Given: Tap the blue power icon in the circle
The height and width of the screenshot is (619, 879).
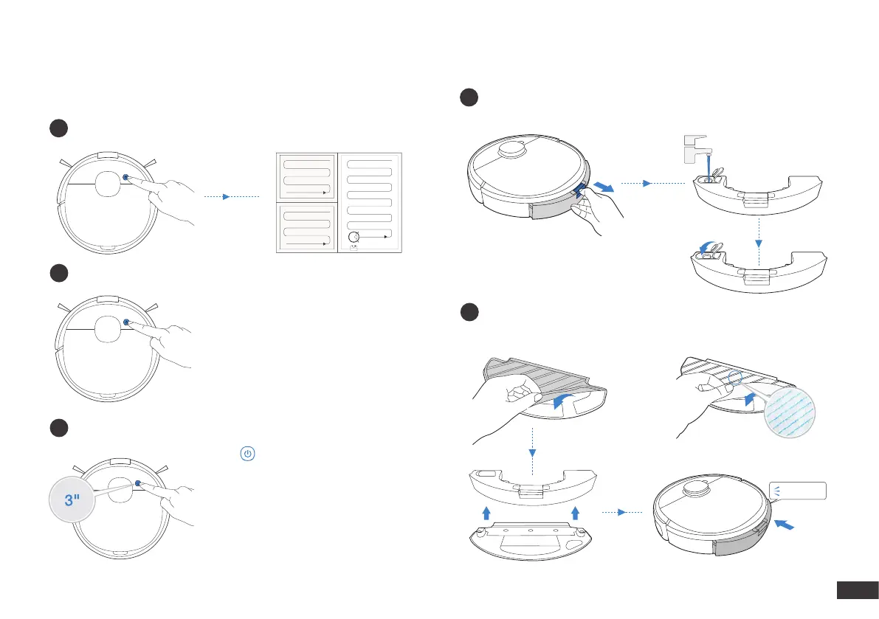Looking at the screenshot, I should [x=247, y=453].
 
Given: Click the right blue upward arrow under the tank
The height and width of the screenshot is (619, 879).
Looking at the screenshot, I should [x=576, y=512].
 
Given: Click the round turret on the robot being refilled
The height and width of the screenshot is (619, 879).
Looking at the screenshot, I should [x=511, y=151].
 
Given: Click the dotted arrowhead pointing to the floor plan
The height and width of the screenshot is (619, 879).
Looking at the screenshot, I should [x=226, y=197].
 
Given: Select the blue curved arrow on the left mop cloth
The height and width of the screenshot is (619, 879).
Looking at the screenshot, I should [x=563, y=401].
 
